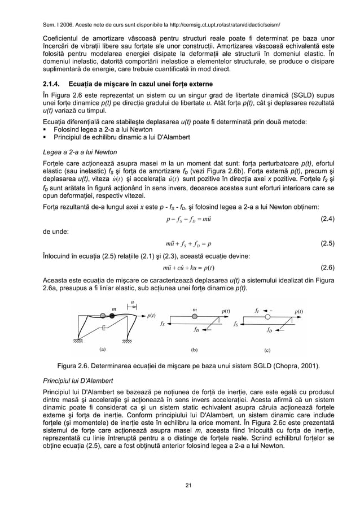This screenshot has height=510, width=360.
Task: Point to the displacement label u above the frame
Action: (x=132, y=302)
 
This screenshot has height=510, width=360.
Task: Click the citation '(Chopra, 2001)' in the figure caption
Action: (x=296, y=365)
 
